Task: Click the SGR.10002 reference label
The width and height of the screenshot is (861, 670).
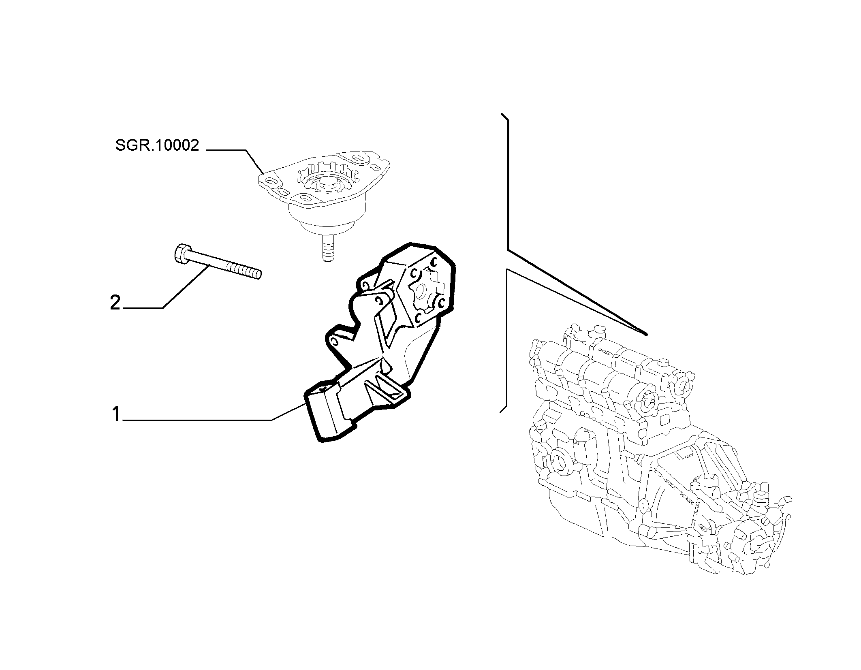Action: click(x=157, y=145)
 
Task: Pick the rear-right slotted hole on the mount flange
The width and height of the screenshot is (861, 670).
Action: click(x=359, y=158)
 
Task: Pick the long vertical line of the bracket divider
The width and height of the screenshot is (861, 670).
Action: click(x=508, y=184)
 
